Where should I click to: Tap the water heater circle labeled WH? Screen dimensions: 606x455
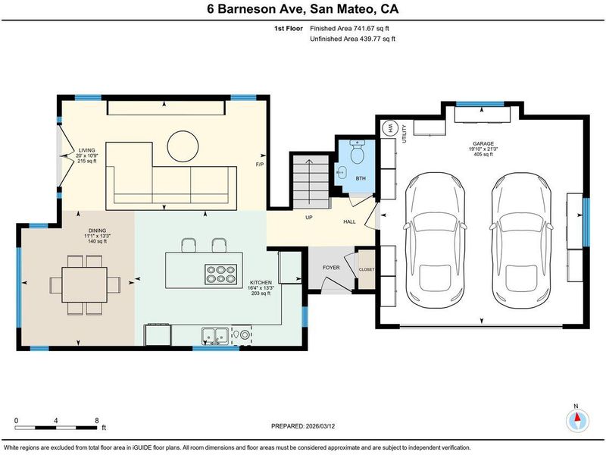click(x=389, y=128)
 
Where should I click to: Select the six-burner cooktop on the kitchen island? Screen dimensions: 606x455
click(x=220, y=275)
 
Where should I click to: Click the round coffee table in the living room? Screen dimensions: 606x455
click(x=183, y=146)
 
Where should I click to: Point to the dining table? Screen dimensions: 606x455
click(x=85, y=285)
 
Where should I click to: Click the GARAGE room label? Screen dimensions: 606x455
click(x=483, y=143)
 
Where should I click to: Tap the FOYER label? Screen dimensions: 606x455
click(x=331, y=268)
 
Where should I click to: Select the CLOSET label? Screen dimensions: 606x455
click(x=367, y=269)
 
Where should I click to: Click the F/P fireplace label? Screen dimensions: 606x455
click(x=260, y=165)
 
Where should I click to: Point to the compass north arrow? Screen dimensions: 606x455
click(x=577, y=418)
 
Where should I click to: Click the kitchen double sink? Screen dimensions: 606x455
click(x=214, y=335)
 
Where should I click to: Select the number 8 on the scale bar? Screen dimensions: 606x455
click(x=97, y=421)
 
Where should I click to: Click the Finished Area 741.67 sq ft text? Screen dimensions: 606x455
click(x=349, y=28)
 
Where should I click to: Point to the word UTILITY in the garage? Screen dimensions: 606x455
click(x=405, y=134)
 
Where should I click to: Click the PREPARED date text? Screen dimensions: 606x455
click(x=303, y=426)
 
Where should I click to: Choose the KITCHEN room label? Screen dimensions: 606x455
click(x=261, y=282)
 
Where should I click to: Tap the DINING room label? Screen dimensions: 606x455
click(x=98, y=231)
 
